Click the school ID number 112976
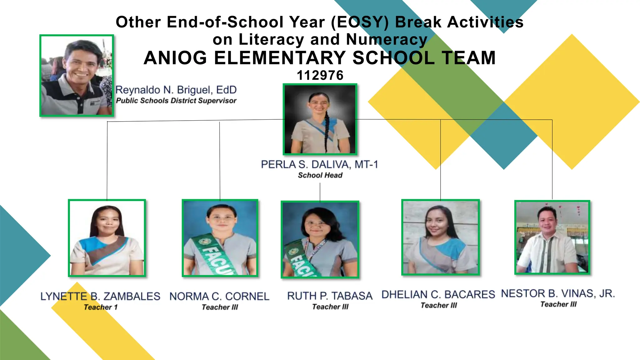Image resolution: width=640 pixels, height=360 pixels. (x=320, y=75)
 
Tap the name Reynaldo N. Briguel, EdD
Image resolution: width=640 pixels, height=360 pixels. (x=176, y=90)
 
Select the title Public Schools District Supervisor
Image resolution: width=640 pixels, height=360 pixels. (x=176, y=101)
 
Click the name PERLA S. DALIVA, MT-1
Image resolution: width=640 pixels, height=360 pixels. (x=319, y=164)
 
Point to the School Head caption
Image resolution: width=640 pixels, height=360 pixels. (x=320, y=175)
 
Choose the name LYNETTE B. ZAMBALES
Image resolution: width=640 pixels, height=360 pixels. (x=100, y=296)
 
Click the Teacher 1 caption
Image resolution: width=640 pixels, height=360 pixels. (x=100, y=307)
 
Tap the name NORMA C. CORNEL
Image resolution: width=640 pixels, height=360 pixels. (x=219, y=296)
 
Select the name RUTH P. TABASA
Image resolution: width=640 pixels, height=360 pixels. (x=330, y=296)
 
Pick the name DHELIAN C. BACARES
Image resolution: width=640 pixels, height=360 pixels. (x=438, y=294)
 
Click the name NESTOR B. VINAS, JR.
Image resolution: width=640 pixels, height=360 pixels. (x=558, y=293)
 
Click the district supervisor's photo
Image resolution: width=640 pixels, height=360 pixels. (x=77, y=76)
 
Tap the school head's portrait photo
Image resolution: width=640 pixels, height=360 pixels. (x=320, y=119)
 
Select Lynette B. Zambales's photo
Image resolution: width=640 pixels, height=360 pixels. (x=107, y=238)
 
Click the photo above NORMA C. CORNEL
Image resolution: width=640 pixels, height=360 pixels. (x=220, y=238)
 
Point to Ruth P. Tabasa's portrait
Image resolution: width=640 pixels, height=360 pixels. (x=320, y=239)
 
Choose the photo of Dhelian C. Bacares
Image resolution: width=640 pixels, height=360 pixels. (x=440, y=237)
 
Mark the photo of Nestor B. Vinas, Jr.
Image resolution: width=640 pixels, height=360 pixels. (x=552, y=237)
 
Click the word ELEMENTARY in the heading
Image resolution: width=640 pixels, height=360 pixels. (x=279, y=58)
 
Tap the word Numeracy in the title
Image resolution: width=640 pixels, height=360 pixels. (x=387, y=40)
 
